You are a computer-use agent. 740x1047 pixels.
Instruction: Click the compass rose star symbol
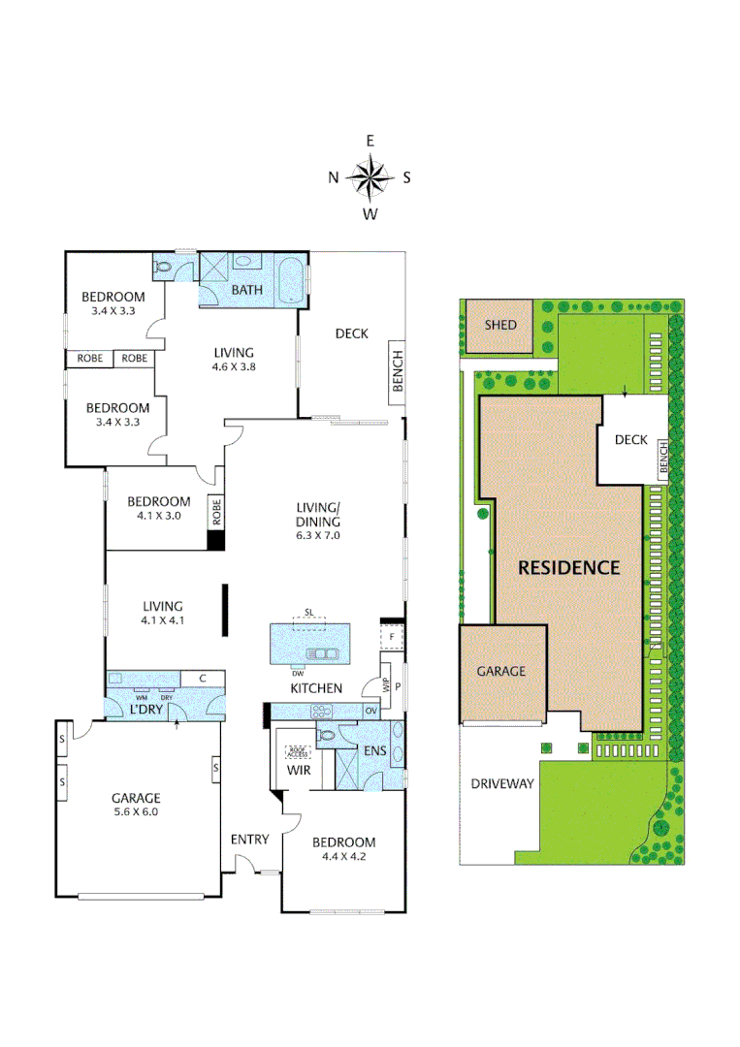click(370, 176)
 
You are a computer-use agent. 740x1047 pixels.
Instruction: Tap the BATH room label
click(246, 290)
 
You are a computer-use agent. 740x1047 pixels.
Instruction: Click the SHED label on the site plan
click(500, 325)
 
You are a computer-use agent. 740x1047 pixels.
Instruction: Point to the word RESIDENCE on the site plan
click(568, 568)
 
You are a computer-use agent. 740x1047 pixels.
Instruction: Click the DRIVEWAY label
click(502, 783)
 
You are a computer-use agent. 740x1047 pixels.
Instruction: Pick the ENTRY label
click(249, 840)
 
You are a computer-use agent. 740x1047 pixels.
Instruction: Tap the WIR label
click(297, 771)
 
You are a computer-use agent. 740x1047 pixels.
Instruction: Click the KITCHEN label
click(316, 688)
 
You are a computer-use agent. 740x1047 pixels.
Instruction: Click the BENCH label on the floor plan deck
click(397, 371)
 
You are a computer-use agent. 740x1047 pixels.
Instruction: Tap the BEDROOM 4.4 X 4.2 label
click(343, 849)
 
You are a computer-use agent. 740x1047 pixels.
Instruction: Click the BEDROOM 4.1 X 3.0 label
click(159, 508)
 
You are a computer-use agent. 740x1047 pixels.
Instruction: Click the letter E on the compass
click(370, 141)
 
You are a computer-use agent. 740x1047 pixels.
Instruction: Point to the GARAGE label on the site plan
click(500, 671)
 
